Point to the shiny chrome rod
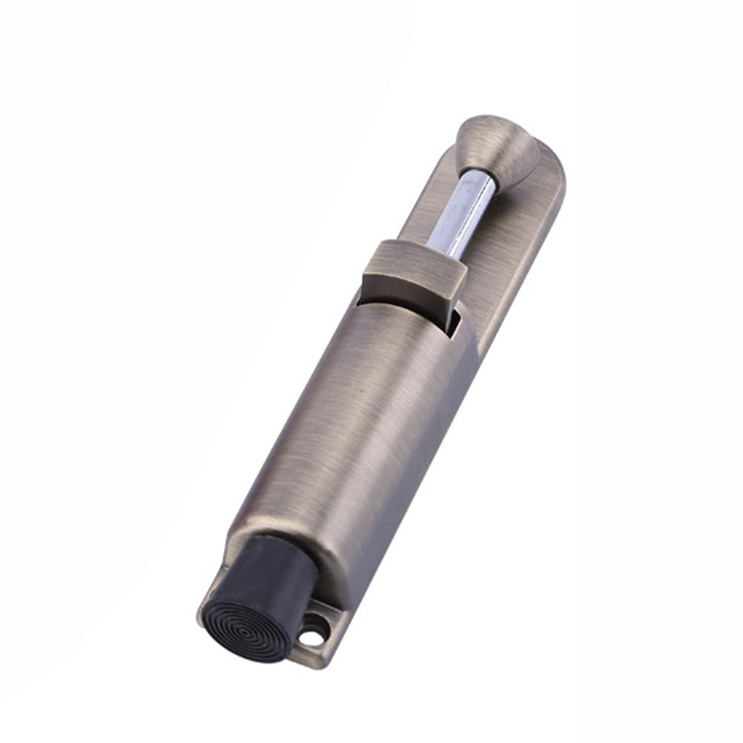click(x=462, y=211)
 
